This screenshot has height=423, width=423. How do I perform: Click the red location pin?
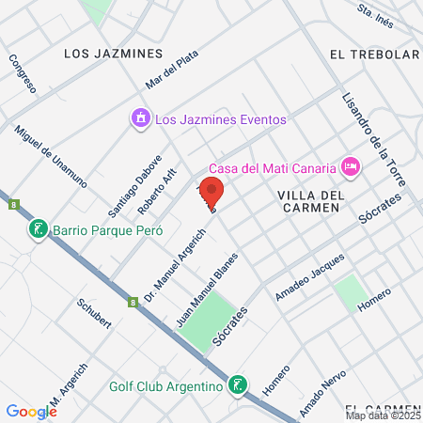click(x=212, y=190)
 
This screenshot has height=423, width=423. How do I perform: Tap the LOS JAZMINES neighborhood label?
click(x=112, y=54)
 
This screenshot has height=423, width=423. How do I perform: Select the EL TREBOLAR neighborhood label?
click(x=374, y=55)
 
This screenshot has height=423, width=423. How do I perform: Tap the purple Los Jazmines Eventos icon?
click(x=140, y=118)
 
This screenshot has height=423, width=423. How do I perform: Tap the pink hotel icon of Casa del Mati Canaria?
click(x=351, y=167)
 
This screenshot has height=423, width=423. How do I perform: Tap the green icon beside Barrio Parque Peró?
click(x=38, y=229)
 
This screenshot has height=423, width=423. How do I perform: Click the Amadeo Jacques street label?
click(x=310, y=278)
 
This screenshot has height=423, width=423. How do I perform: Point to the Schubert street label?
click(x=95, y=314)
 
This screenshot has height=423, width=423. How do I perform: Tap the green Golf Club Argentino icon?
click(x=239, y=385)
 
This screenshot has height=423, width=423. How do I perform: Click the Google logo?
click(x=31, y=411)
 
